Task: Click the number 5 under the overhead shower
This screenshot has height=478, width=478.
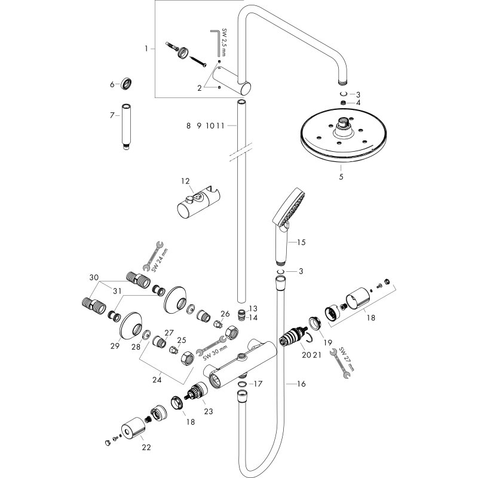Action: [x=341, y=177]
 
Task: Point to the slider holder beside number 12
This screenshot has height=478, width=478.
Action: [x=200, y=203]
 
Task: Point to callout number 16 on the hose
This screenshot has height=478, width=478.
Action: [x=301, y=384]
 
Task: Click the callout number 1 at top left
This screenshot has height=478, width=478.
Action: [x=146, y=48]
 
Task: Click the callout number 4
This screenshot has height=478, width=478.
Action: [x=358, y=103]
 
